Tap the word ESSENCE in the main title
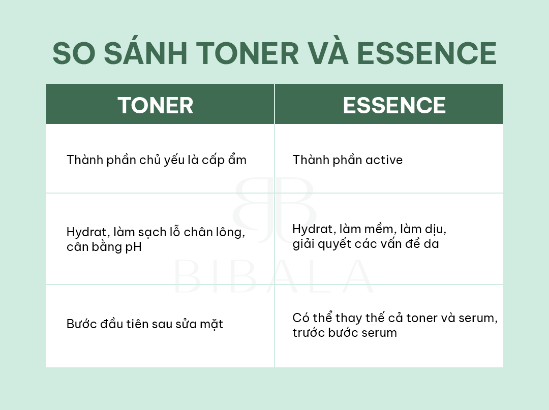[426, 53]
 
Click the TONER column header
[156, 105]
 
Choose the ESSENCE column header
[394, 105]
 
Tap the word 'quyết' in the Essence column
[335, 243]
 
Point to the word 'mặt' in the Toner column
[211, 325]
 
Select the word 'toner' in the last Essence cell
[421, 318]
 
